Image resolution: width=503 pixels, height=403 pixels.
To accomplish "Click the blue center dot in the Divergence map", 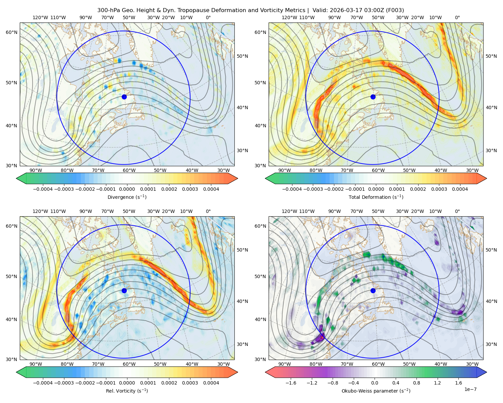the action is coord(124,97).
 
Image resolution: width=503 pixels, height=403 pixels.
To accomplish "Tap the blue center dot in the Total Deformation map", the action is coord(373,97).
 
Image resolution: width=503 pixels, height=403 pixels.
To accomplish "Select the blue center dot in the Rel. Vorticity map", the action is coord(124,290).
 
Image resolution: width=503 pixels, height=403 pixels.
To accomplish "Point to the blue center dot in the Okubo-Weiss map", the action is coord(373,290).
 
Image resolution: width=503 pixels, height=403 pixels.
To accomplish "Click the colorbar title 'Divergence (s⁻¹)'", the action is coord(127,197).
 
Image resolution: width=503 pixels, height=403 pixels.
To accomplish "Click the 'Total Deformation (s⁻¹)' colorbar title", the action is coord(376,197).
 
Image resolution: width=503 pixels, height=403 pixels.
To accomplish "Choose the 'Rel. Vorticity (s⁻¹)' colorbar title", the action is coord(127,391).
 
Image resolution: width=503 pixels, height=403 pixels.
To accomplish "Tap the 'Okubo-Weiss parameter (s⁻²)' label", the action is coord(376,391).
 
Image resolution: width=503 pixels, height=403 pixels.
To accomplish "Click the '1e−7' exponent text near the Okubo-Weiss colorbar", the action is coord(470,389).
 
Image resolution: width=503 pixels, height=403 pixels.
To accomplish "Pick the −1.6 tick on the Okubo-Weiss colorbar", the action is coord(291,383).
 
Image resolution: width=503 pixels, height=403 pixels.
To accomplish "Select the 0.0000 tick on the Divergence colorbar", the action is coord(127,189).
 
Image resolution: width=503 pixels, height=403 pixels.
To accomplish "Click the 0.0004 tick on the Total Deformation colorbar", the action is coord(460,189).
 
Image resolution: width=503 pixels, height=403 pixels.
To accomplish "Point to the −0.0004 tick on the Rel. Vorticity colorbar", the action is coord(43,383).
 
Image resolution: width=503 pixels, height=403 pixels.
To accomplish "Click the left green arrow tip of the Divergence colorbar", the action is coord(16,178).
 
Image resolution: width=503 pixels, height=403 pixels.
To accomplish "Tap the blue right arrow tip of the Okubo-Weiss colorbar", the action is coord(487,372).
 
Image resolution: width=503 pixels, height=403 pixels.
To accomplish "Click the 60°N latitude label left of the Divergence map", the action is coord(11,32).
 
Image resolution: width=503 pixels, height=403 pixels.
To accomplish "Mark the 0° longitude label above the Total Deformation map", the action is coord(457,17).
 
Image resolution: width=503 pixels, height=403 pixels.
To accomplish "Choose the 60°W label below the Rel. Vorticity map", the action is coord(129,364).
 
